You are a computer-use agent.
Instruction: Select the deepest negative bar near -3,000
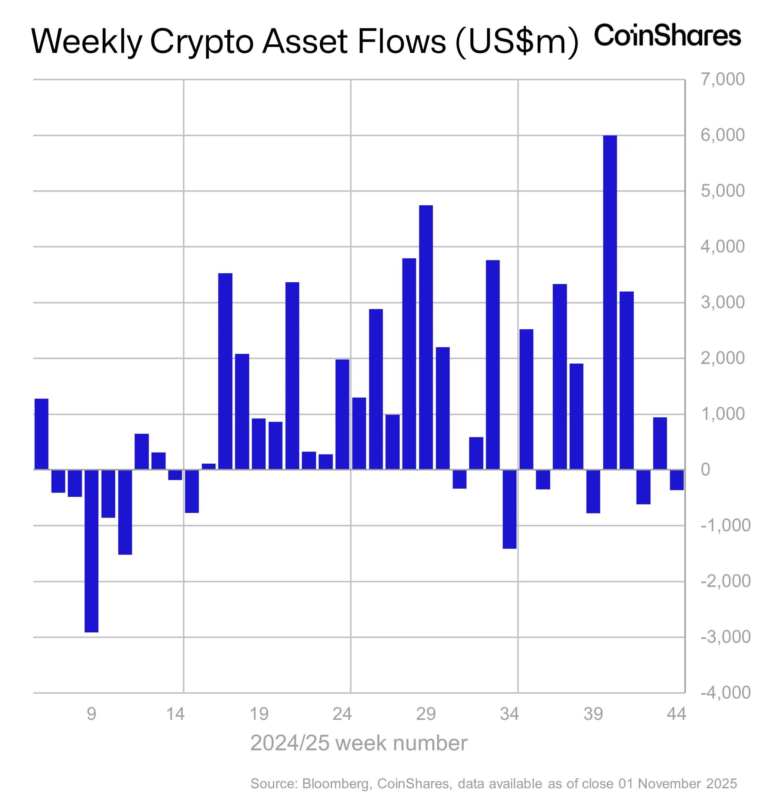point(91,551)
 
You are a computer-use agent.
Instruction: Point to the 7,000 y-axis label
point(723,80)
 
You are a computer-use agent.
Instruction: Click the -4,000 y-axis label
point(725,693)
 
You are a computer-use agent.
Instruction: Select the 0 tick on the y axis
point(705,470)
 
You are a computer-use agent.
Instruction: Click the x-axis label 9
point(91,714)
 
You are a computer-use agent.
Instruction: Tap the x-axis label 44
point(676,714)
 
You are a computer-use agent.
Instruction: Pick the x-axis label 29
point(426,714)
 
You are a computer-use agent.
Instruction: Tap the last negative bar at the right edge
point(677,479)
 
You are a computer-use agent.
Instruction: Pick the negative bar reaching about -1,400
point(510,509)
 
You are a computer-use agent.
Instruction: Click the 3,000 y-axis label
point(723,303)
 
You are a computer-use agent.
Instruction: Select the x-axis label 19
point(259,714)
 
